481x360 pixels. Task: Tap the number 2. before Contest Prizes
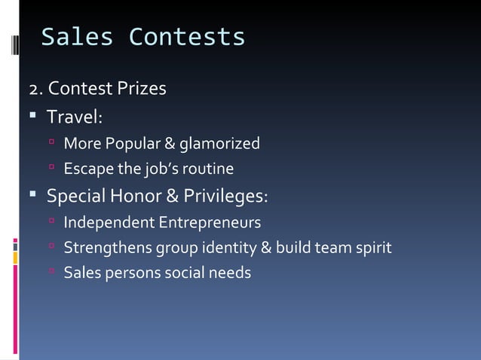pyautogui.click(x=36, y=90)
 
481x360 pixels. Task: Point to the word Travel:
pyautogui.click(x=75, y=117)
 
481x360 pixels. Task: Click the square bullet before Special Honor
pyautogui.click(x=33, y=197)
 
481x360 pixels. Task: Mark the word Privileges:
pyautogui.click(x=225, y=197)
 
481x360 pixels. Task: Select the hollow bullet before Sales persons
pyautogui.click(x=51, y=272)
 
